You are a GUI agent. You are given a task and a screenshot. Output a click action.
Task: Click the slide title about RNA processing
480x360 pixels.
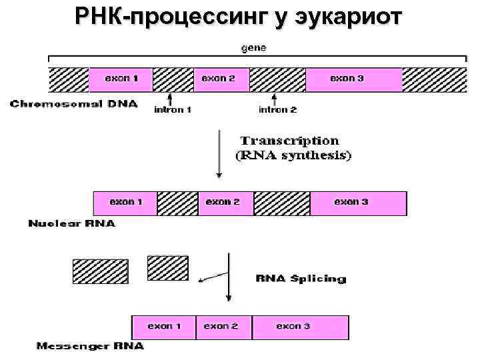[239, 15]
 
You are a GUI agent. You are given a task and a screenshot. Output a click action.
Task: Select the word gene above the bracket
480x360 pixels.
[255, 48]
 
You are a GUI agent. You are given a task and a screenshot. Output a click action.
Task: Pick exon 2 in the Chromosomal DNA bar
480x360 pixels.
[219, 79]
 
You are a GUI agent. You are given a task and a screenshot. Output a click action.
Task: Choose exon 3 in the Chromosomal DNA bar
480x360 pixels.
[347, 79]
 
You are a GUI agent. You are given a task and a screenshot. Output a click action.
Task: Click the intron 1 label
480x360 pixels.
[173, 110]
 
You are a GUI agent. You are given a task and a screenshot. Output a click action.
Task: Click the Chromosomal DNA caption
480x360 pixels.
[74, 103]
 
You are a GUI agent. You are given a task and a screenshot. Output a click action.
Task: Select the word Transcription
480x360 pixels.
[289, 141]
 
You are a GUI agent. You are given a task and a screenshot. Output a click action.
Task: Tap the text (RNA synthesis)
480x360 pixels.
[294, 155]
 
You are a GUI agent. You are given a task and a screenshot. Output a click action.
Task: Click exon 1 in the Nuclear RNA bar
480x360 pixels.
[126, 201]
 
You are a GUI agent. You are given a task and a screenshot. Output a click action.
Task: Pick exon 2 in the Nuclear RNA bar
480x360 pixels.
[223, 201]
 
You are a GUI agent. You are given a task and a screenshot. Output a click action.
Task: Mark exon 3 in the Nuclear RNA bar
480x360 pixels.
[351, 201]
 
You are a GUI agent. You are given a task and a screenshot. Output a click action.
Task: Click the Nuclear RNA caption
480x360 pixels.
[71, 223]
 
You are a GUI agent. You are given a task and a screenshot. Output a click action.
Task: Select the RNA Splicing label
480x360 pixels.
[301, 279]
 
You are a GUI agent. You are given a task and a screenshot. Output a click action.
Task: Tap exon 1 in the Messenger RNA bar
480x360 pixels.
[165, 326]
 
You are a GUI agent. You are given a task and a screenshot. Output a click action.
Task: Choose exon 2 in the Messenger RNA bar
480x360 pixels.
[221, 326]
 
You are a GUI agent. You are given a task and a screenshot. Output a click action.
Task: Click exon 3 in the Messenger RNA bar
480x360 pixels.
[293, 326]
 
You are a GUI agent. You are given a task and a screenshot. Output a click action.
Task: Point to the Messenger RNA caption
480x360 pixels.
[90, 346]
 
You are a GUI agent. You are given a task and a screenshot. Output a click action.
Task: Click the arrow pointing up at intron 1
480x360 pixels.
[171, 99]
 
